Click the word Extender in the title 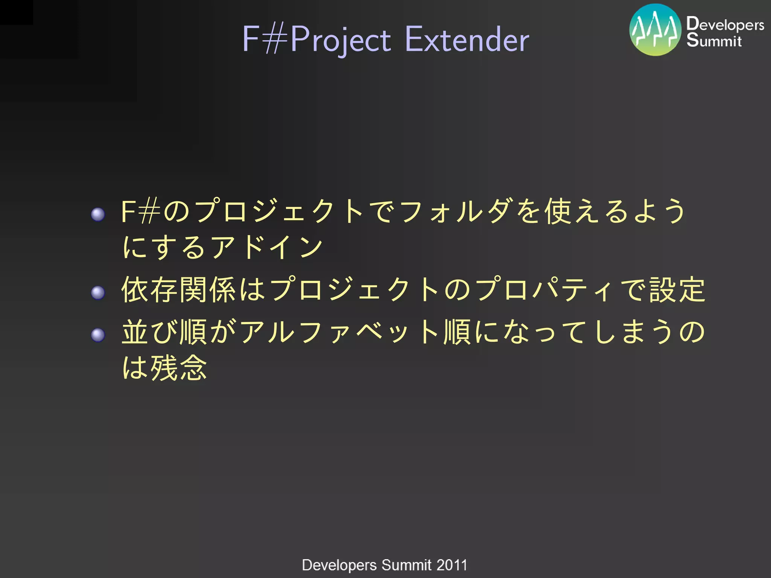(x=467, y=39)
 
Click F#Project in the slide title (x=316, y=40)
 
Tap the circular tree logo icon (x=655, y=30)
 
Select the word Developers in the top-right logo (x=725, y=24)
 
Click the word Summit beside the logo (x=714, y=40)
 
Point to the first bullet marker (x=98, y=214)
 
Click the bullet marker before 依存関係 (x=98, y=292)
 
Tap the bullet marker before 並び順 (x=98, y=335)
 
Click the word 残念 (x=178, y=368)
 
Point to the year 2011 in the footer (x=452, y=565)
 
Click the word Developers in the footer (x=339, y=565)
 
